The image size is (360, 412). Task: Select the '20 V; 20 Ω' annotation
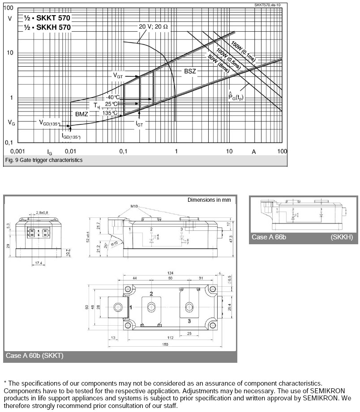[153, 27]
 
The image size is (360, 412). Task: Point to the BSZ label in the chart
[190, 71]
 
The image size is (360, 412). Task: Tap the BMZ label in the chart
[81, 114]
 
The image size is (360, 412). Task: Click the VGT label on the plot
[118, 76]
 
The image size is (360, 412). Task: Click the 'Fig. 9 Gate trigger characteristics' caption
[43, 160]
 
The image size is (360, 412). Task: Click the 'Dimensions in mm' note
[209, 200]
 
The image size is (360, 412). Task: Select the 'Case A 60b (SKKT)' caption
[34, 356]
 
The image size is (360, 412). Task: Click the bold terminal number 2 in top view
[151, 294]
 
